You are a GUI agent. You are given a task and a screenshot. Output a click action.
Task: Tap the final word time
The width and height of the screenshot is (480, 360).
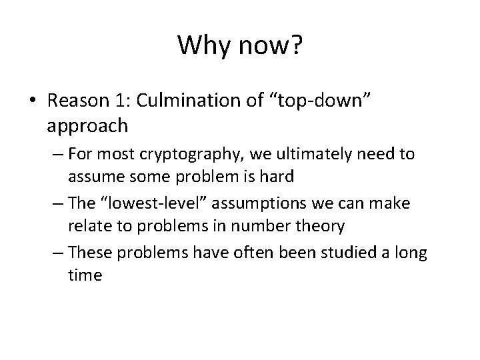click(84, 275)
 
